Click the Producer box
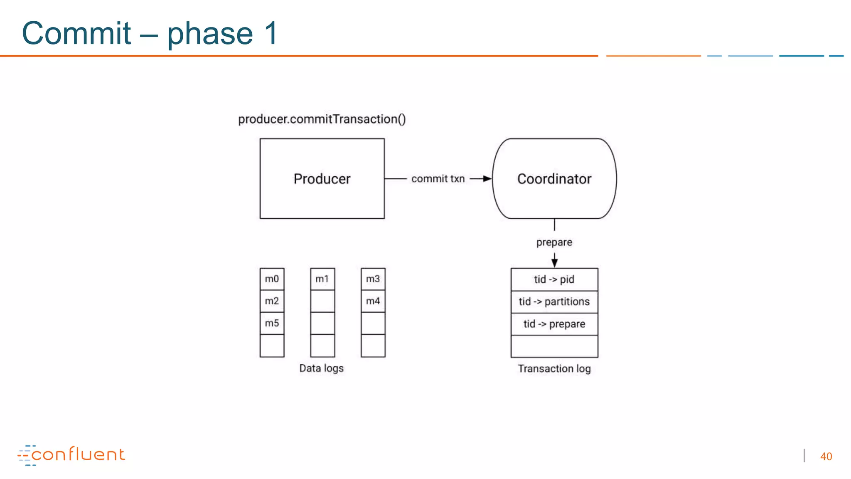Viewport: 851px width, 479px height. pos(322,179)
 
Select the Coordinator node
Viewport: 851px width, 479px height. pos(554,179)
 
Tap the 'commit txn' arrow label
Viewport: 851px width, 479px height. pos(438,179)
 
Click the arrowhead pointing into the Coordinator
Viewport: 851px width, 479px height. pos(487,179)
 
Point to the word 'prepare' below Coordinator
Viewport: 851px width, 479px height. pos(554,242)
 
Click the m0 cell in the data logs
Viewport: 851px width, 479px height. pos(272,279)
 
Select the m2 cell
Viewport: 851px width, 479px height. pos(272,301)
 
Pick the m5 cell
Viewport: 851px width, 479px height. pos(272,323)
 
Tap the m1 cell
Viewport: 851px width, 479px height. pos(322,279)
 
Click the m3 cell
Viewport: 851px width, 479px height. pos(373,279)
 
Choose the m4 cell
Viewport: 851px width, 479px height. pos(373,301)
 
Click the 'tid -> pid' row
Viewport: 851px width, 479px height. pos(554,279)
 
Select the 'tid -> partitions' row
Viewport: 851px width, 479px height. pos(554,301)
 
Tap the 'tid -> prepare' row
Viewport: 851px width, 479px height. pos(554,324)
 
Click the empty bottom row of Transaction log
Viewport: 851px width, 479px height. pos(554,346)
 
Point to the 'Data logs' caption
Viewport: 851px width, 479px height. pos(322,368)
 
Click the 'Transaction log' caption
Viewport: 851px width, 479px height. pos(554,369)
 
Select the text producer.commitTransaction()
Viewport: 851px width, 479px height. pos(322,119)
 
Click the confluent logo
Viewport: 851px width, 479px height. pos(71,455)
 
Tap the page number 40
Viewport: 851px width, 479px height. pos(826,457)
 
